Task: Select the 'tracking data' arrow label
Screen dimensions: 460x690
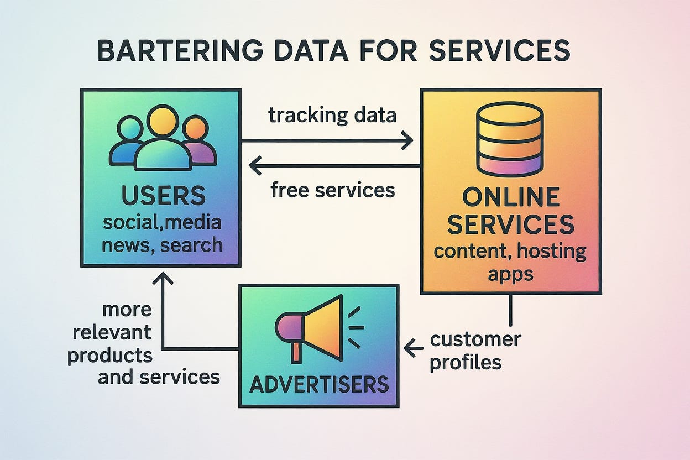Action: pos(332,116)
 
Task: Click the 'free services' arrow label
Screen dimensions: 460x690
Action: pos(333,190)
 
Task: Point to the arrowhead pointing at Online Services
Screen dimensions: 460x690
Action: pos(407,140)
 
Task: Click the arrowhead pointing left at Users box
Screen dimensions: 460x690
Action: pos(255,165)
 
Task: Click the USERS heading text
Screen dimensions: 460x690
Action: pos(162,196)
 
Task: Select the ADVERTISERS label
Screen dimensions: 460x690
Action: pos(319,384)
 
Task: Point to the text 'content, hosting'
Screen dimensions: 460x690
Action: pos(510,251)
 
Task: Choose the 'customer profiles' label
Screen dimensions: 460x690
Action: pos(474,351)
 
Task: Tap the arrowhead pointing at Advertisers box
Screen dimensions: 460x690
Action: pos(410,348)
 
